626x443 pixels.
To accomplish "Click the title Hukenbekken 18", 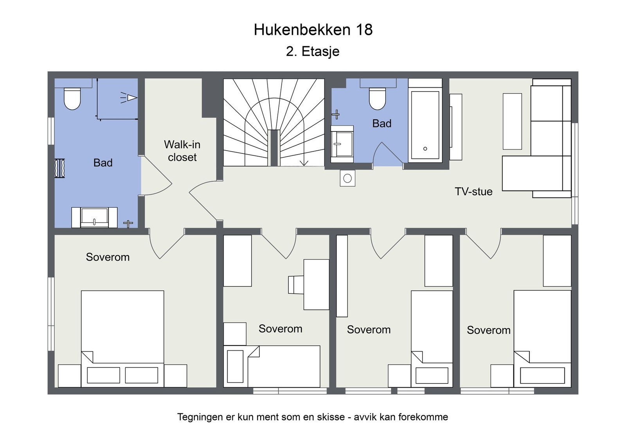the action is (x=313, y=30).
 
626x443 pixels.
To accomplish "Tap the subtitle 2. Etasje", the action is (x=313, y=51).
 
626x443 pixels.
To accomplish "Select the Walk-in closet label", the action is (x=182, y=151).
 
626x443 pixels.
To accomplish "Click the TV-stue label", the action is (x=473, y=191).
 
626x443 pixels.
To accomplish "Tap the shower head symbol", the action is (x=129, y=98).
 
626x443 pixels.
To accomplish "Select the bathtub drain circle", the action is (x=425, y=149).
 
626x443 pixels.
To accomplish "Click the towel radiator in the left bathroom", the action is (x=59, y=168).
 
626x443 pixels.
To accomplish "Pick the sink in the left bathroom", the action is (x=94, y=218).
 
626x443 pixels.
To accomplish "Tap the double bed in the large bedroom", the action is (x=122, y=339).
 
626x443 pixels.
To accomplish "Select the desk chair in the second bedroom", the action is (x=296, y=285).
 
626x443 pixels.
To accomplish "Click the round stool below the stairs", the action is (x=347, y=178).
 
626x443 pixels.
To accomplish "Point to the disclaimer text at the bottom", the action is (x=313, y=417).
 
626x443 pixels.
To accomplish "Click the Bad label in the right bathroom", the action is (x=382, y=124).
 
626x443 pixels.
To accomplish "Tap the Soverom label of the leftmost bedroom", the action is (x=108, y=257).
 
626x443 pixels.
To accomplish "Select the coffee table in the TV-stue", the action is (x=512, y=121).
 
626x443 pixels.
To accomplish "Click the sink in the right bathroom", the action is (x=342, y=144).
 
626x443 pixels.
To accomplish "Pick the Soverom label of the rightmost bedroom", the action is (x=489, y=330).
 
